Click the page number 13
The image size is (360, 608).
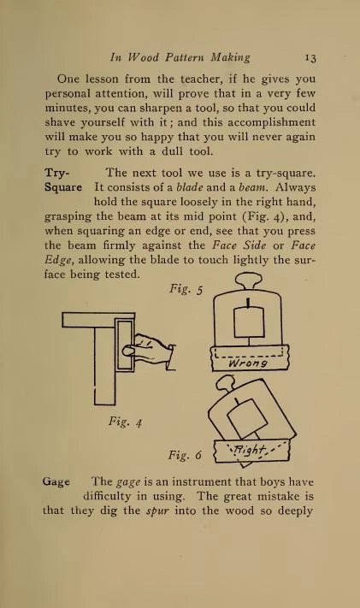click(310, 58)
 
